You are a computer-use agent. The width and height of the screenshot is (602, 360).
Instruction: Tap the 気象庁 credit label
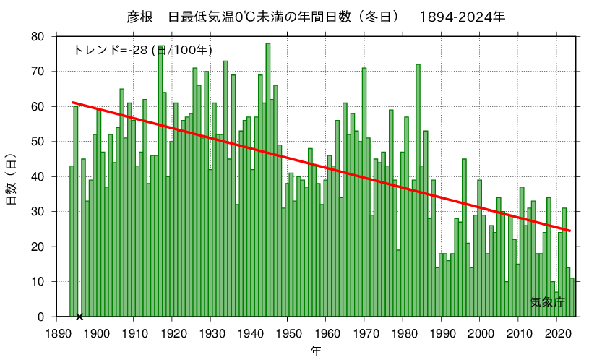547,301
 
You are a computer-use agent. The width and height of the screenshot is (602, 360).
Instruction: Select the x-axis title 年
317,351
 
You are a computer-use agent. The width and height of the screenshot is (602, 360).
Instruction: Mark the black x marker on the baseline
79,316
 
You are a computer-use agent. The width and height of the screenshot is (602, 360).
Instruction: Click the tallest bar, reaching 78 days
268,181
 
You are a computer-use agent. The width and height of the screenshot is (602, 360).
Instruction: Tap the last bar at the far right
572,297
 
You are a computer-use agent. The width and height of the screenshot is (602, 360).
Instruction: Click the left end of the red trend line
73,103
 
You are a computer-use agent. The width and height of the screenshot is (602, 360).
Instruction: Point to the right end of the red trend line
570,231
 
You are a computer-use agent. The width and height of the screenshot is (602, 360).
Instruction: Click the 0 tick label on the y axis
40,317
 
